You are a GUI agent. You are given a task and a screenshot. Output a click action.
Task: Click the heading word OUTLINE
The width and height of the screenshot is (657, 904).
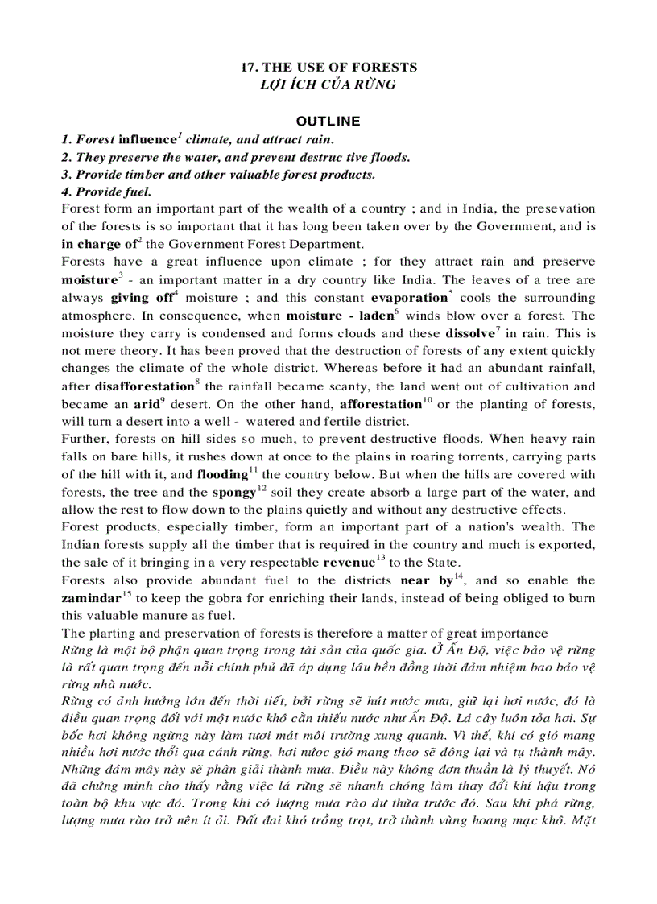(x=328, y=122)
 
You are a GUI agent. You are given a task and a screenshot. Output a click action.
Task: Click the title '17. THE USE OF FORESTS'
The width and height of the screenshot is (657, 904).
(x=328, y=68)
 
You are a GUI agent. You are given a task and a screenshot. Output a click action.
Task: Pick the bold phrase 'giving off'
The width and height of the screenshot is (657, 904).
(x=141, y=298)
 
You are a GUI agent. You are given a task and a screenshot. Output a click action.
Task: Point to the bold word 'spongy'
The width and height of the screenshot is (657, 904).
(x=233, y=493)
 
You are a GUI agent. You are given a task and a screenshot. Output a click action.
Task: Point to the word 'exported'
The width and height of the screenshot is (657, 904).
(x=567, y=545)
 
